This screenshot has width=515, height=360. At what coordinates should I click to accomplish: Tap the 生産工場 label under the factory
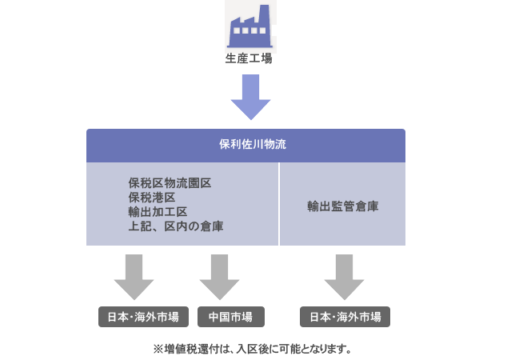pos(250,59)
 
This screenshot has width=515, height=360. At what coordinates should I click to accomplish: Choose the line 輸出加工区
pos(158,212)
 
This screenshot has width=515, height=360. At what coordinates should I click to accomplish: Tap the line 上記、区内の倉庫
pos(175,226)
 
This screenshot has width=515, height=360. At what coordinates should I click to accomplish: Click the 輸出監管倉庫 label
pos(342,206)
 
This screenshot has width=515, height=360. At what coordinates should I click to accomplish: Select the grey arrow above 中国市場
pos(219,277)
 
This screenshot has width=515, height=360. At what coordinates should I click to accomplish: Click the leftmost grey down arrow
pos(134,277)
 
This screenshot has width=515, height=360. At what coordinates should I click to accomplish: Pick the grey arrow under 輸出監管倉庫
pos(344,277)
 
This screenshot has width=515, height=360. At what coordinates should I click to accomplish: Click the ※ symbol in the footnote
pos(158,349)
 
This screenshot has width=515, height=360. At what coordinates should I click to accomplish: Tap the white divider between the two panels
pos(279,204)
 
